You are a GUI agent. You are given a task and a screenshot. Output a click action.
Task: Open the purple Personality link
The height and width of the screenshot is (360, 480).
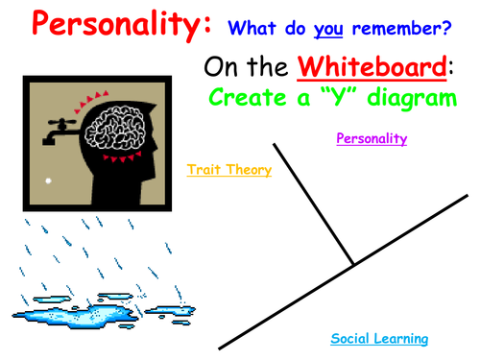pyautogui.click(x=372, y=139)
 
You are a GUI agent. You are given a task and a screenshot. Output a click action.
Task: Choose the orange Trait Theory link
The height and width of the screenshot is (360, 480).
pyautogui.click(x=228, y=171)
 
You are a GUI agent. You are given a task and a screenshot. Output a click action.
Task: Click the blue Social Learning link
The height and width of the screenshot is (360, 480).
pyautogui.click(x=379, y=339)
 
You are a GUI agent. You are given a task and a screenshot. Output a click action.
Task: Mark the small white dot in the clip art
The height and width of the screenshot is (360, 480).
pyautogui.click(x=47, y=180)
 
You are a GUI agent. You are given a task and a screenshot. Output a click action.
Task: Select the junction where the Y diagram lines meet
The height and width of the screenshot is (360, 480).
pyautogui.click(x=352, y=264)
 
